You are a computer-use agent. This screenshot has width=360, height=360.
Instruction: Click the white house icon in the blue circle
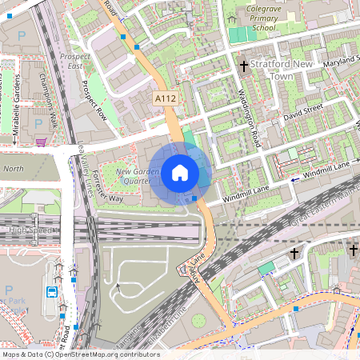179,173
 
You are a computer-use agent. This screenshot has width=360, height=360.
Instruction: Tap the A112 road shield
164,97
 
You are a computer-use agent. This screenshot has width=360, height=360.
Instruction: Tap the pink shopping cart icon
40,142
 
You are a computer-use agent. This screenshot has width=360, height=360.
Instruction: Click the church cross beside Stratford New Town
243,67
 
